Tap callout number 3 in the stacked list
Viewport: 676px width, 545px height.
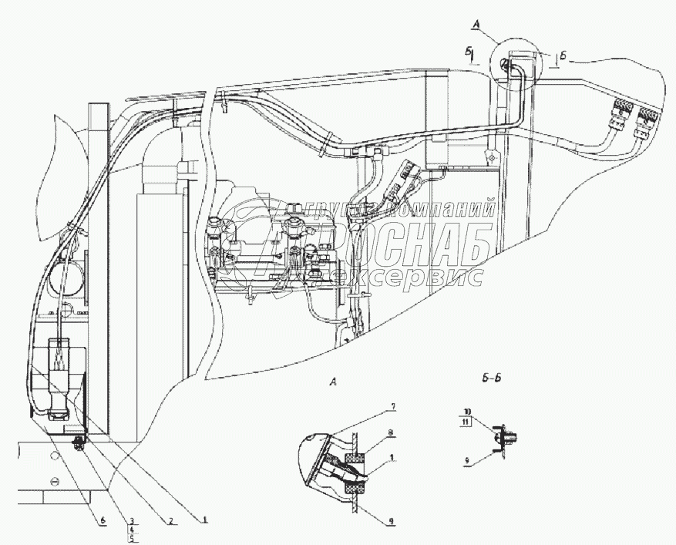point(132,520)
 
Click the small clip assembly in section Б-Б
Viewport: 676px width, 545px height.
point(500,437)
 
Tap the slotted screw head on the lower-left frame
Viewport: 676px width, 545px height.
point(55,481)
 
